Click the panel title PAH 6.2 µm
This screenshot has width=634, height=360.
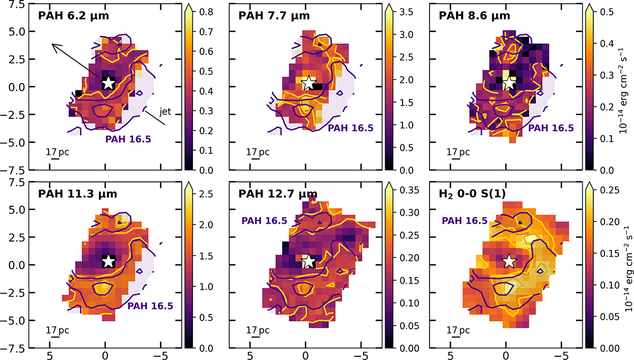pyautogui.click(x=73, y=16)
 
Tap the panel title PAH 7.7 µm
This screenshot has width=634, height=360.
pyautogui.click(x=274, y=16)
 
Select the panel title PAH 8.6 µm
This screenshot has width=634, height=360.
pyautogui.click(x=474, y=16)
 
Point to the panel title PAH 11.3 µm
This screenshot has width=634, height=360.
pyautogui.click(x=78, y=194)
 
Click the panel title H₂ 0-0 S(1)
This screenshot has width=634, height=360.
pyautogui.click(x=472, y=195)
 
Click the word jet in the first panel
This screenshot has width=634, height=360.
pyautogui.click(x=165, y=112)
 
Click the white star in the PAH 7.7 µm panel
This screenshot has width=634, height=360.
pyautogui.click(x=309, y=83)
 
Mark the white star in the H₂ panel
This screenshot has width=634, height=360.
pyautogui.click(x=509, y=261)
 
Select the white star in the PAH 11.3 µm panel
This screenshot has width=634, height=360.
pyautogui.click(x=108, y=261)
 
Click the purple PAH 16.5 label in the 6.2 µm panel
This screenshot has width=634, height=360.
pyautogui.click(x=128, y=140)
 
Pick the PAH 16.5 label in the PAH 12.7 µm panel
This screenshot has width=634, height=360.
pyautogui.click(x=264, y=221)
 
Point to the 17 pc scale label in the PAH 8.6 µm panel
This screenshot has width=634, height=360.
pyautogui.click(x=458, y=152)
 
